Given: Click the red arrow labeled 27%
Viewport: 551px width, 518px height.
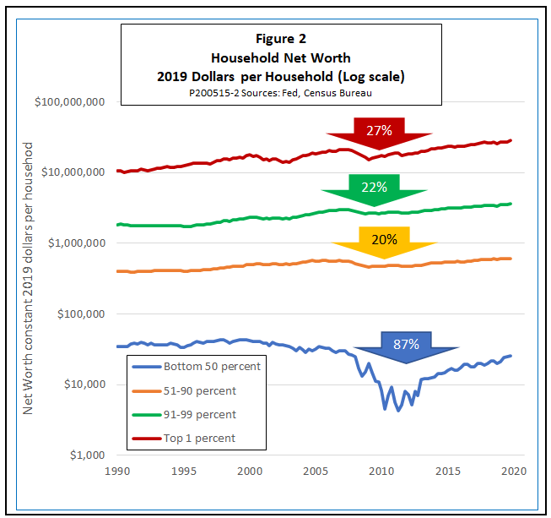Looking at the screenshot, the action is coord(379,133).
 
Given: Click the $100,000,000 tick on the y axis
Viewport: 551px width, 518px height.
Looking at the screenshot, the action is coord(69,102).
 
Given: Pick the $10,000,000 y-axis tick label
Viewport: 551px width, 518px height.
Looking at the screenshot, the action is coord(73,172).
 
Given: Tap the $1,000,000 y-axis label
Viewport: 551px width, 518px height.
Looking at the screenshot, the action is coord(77,243).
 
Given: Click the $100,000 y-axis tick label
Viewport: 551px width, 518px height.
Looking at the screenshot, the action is coord(81,314).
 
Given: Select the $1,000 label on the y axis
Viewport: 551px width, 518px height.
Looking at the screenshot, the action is coord(88,455).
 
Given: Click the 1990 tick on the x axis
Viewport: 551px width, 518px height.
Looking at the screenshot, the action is coord(117,471).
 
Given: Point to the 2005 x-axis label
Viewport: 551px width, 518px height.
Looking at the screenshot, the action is coord(316,471).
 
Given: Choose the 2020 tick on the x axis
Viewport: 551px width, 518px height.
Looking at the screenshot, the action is coord(514,471).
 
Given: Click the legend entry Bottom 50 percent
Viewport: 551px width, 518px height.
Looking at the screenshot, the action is coord(197,367).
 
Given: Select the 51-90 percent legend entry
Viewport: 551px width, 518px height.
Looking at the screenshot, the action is coord(184,391).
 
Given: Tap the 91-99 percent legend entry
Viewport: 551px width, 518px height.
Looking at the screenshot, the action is coord(184,415).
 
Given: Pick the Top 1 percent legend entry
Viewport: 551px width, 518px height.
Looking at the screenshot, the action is coord(184,439).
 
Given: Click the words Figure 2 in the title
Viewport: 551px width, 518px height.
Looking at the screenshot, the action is coord(281,39).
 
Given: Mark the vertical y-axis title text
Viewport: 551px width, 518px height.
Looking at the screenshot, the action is coord(27,278).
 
